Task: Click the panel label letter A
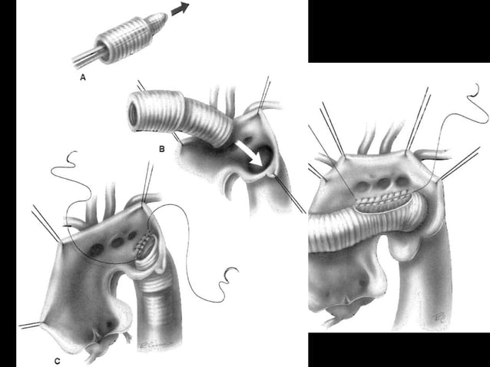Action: click(82, 78)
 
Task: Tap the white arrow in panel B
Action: click(248, 152)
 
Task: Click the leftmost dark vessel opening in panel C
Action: click(98, 250)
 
